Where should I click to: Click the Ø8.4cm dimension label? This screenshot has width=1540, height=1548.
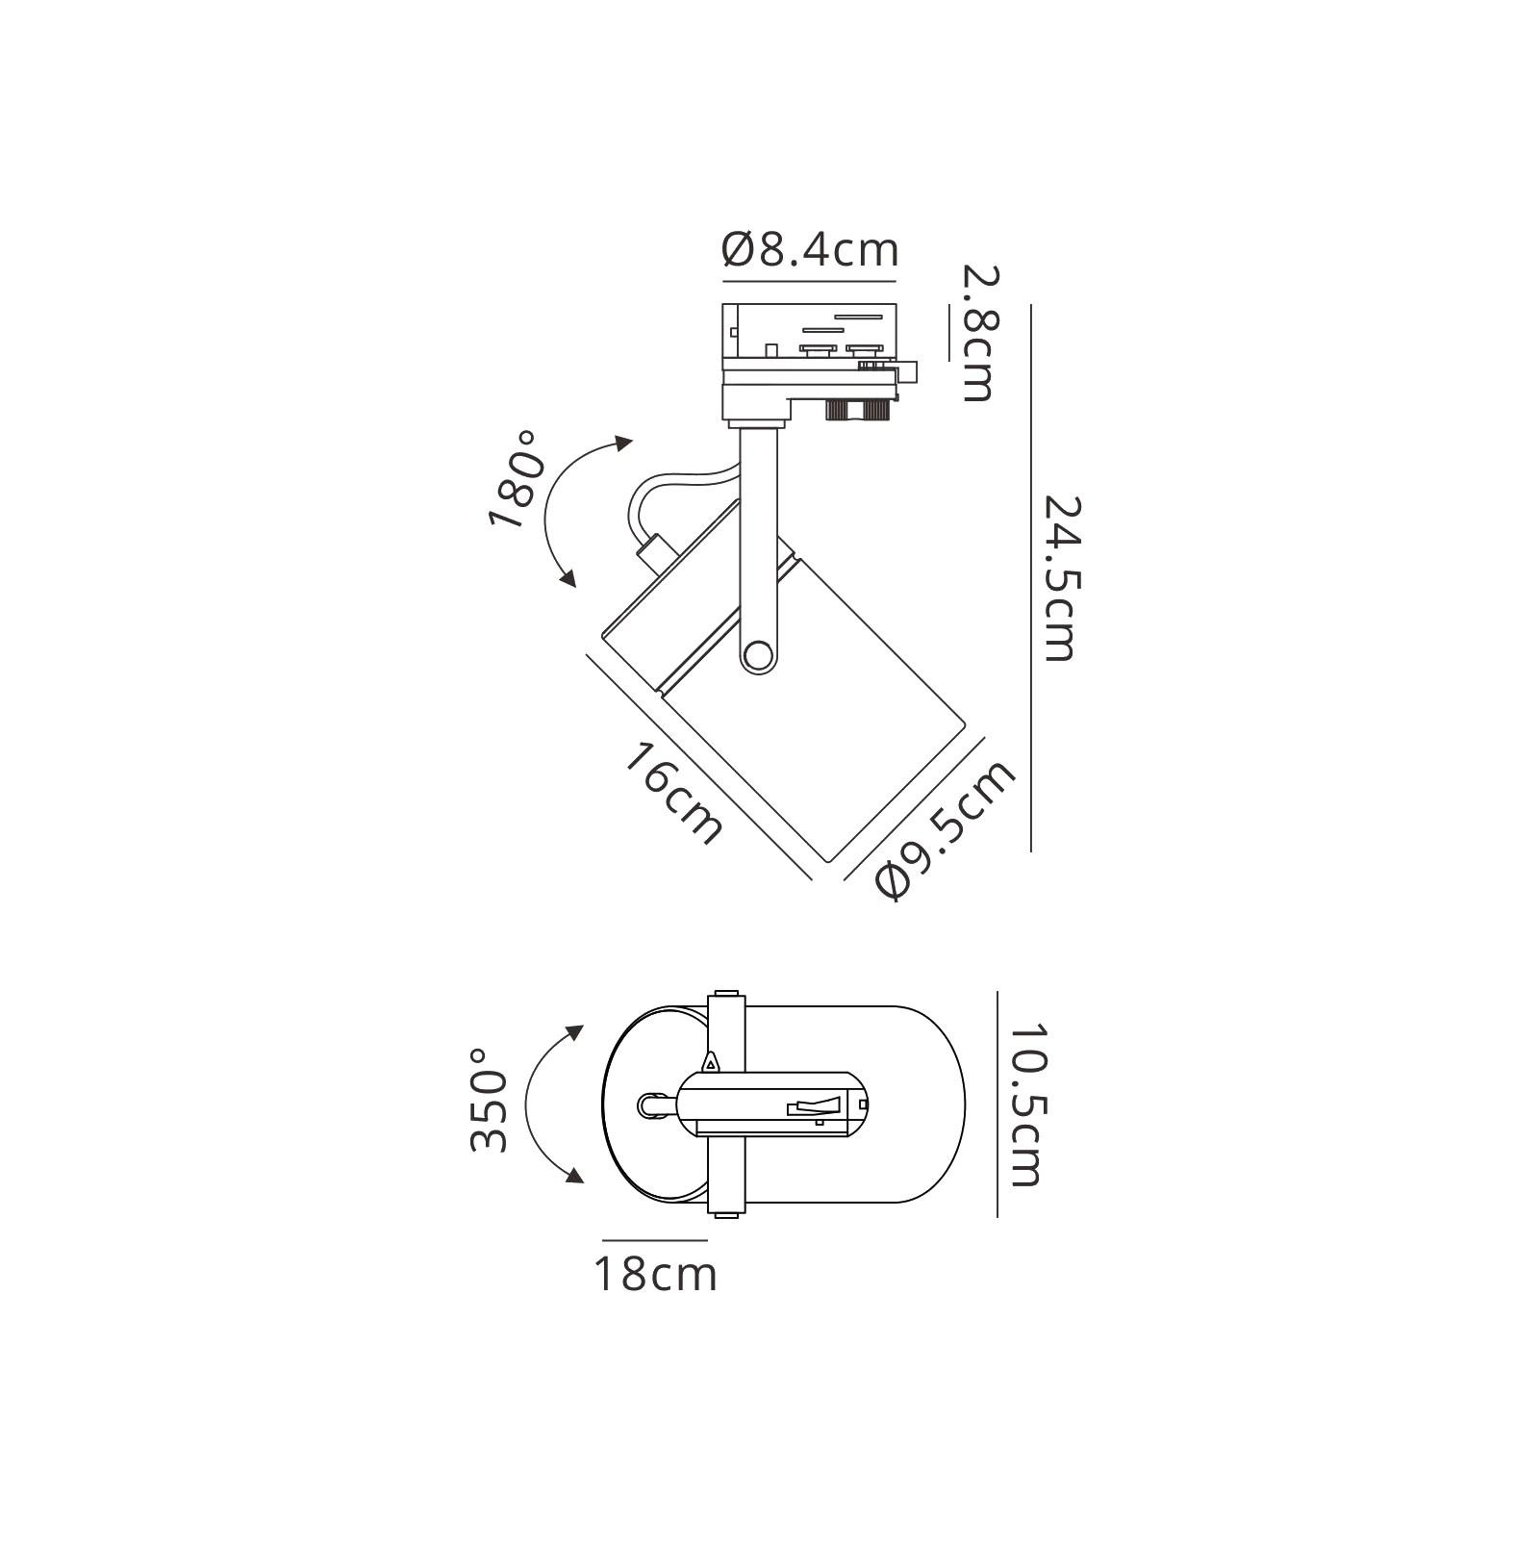point(810,250)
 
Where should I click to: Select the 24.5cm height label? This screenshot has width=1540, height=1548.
point(1058,578)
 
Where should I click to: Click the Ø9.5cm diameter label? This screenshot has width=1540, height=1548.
point(946,828)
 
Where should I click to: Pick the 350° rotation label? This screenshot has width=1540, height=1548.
point(489,1100)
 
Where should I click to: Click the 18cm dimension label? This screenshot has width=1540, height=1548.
point(656,1275)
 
